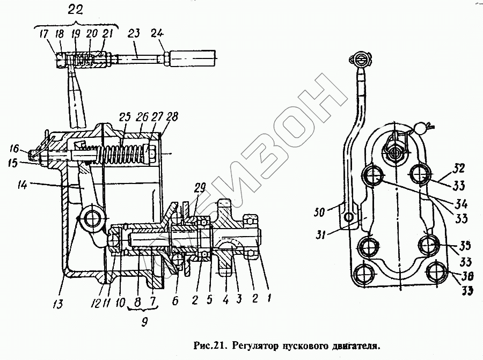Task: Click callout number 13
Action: [58, 305]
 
